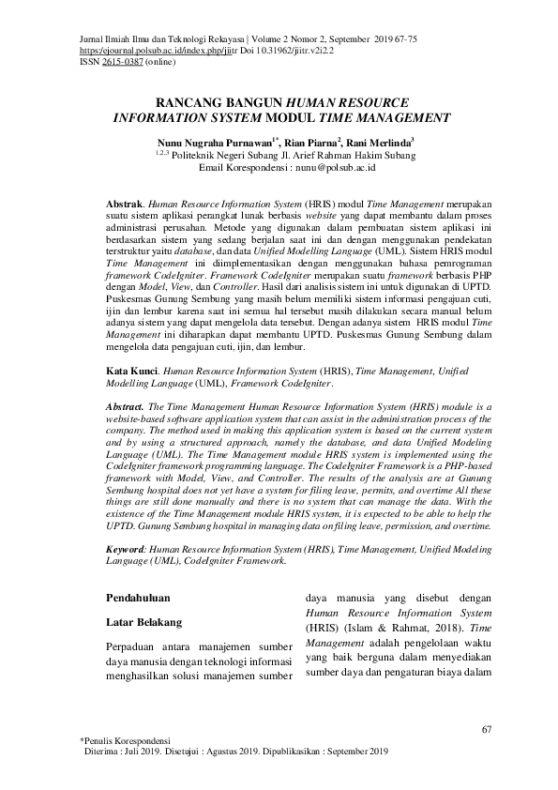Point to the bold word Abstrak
(x=125, y=202)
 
